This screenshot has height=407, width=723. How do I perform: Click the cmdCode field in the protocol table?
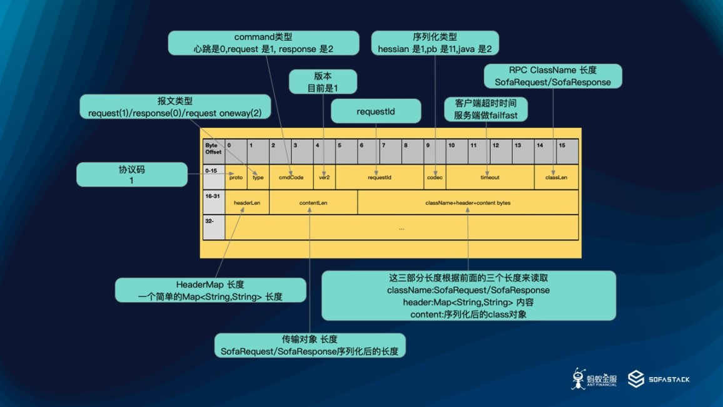(x=291, y=177)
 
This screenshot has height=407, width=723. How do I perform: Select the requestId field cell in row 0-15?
(x=379, y=177)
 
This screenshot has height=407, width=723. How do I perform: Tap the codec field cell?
(x=435, y=177)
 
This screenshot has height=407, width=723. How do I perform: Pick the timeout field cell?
(x=490, y=177)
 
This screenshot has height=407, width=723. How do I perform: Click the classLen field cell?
(x=556, y=177)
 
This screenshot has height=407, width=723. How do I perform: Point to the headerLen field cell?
(x=247, y=203)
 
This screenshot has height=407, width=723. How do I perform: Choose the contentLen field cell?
(x=313, y=203)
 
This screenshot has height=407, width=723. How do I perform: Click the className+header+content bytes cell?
(x=468, y=203)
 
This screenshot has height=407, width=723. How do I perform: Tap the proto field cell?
(x=236, y=177)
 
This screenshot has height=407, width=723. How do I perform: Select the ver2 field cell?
(x=324, y=177)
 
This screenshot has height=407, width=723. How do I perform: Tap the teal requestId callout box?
(x=376, y=111)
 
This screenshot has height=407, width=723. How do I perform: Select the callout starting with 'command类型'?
(x=263, y=43)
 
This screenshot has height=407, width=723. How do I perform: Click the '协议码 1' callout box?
(x=131, y=175)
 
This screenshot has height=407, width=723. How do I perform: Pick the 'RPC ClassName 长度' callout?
(x=553, y=76)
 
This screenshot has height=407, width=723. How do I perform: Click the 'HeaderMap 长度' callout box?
(x=210, y=291)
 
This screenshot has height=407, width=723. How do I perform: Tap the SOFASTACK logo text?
(x=669, y=379)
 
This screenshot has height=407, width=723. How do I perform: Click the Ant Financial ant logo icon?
(x=579, y=378)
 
